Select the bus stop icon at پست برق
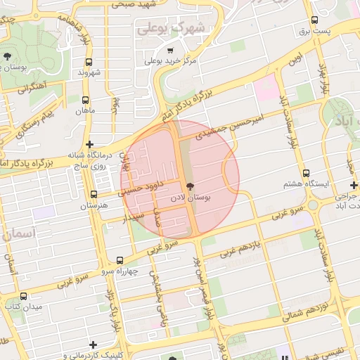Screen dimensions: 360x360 314,20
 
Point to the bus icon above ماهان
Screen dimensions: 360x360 86,101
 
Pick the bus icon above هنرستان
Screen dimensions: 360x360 94,194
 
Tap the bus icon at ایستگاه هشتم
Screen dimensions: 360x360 306,173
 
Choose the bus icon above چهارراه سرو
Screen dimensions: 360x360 120,260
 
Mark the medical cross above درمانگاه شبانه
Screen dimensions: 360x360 89,143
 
